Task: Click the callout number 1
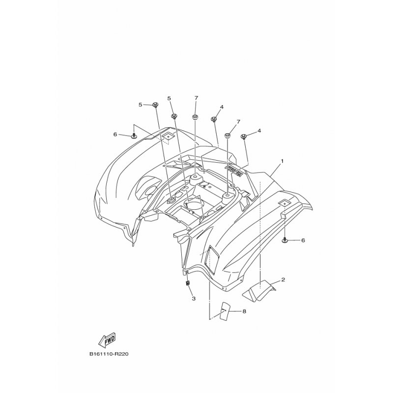click(282, 161)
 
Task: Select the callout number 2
click(283, 281)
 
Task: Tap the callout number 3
click(194, 298)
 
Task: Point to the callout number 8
click(244, 311)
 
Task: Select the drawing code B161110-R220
click(111, 354)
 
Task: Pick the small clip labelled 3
click(188, 283)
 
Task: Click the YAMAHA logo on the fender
click(234, 171)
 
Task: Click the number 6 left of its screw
click(115, 134)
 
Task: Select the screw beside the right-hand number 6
click(285, 240)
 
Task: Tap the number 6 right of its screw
click(303, 240)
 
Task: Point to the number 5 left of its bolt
click(140, 105)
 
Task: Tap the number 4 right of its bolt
click(259, 131)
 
